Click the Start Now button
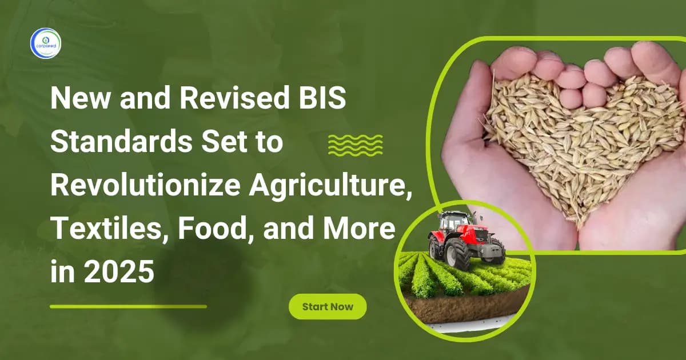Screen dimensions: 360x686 point(328,307)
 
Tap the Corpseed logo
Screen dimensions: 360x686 point(45,43)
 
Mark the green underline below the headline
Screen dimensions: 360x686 point(128,306)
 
